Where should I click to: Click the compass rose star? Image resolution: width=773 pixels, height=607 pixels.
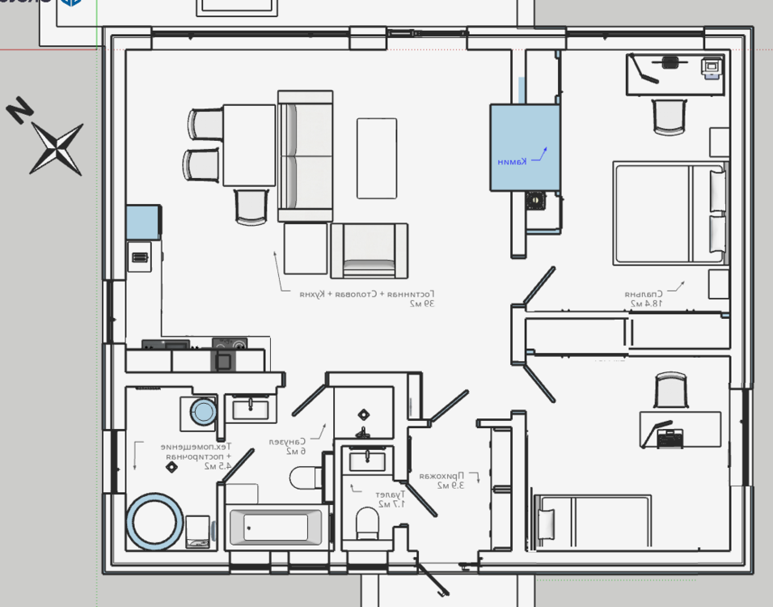tap(56, 149)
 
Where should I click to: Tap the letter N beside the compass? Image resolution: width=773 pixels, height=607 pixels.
tap(19, 110)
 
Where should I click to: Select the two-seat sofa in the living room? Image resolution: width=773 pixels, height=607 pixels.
tap(305, 156)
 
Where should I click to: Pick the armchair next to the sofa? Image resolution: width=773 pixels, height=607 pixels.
tap(369, 251)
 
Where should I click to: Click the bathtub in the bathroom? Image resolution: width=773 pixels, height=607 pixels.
tap(277, 528)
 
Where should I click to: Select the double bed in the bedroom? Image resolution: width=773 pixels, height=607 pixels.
tap(667, 213)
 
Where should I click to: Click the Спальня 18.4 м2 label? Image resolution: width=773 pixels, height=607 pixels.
tap(644, 299)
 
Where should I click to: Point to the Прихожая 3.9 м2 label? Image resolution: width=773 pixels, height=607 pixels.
tap(441, 481)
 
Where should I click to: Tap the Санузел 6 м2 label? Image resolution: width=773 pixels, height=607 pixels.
tap(287, 446)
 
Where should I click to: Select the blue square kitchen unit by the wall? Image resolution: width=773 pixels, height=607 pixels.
tap(143, 222)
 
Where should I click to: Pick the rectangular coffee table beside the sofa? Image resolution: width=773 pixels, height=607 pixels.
tap(377, 158)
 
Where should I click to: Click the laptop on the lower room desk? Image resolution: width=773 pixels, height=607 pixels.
tap(670, 438)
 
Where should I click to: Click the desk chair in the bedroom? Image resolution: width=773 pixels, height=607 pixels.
tap(669, 117)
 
